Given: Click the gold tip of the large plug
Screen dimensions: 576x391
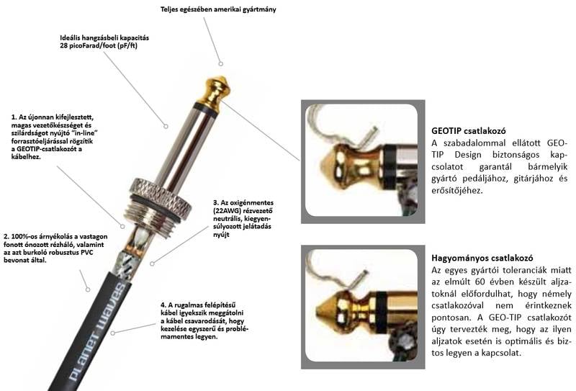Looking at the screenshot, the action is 214,90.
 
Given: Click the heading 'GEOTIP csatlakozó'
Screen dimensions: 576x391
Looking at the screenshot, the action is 469,131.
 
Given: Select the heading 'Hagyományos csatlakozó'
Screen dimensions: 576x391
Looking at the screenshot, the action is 482,258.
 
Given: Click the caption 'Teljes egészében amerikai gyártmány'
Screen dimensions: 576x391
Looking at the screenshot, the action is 218,9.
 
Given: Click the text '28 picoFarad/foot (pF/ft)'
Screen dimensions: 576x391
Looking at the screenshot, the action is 99,46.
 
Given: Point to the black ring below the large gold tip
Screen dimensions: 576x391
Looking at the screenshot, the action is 207,108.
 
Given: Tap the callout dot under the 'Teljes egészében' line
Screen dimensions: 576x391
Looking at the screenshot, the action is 221,63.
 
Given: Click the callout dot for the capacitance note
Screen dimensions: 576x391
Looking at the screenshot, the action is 166,127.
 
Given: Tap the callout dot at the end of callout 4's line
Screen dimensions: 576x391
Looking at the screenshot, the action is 113,333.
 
